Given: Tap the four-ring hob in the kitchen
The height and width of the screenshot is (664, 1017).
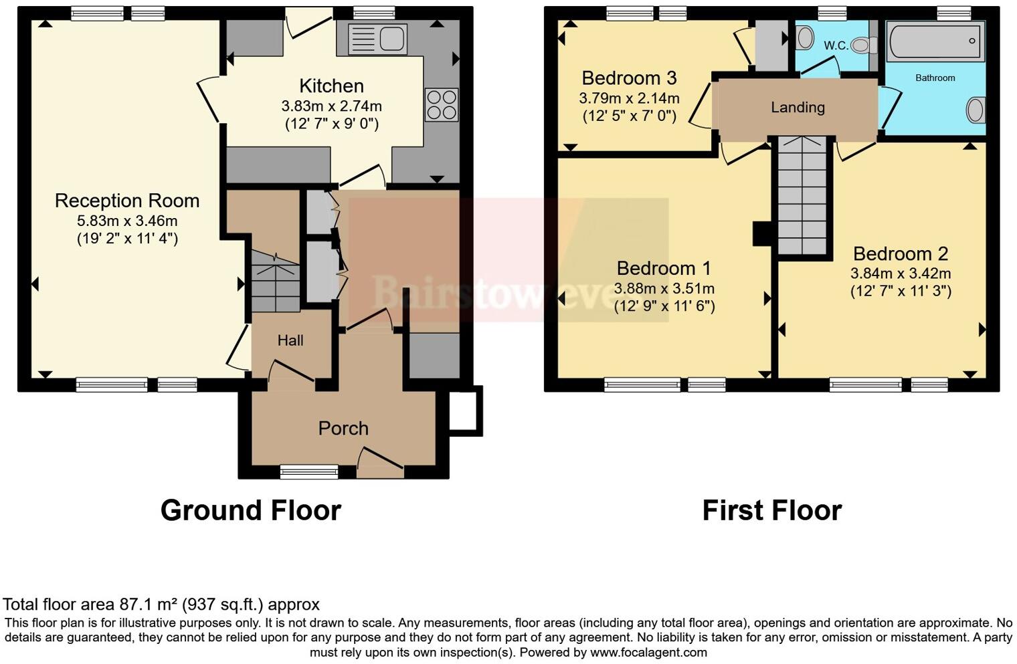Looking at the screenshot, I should click(x=442, y=105).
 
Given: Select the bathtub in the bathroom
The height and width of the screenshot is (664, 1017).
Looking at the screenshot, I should click(x=935, y=41).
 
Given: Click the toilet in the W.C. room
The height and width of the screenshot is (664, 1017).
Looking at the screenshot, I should click(x=864, y=45).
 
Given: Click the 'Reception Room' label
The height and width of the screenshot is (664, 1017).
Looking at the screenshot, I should click(x=127, y=201).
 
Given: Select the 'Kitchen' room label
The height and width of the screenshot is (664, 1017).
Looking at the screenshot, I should click(x=331, y=86).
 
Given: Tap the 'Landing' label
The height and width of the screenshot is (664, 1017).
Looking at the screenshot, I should click(x=798, y=108).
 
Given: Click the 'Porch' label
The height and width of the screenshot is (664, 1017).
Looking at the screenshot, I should click(x=343, y=429).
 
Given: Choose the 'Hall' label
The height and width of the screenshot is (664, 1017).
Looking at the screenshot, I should click(x=290, y=340).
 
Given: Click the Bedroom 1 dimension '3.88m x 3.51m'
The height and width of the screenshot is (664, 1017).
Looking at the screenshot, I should click(x=664, y=289).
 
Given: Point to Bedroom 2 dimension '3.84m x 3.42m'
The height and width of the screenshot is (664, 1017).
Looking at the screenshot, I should click(x=900, y=273).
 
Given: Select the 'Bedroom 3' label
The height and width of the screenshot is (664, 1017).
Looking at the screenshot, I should click(x=629, y=78).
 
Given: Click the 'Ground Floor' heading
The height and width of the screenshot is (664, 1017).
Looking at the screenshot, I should click(x=251, y=511).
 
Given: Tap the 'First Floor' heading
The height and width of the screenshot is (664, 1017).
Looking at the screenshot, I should click(x=771, y=511).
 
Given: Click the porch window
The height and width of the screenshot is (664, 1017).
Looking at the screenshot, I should click(x=309, y=472).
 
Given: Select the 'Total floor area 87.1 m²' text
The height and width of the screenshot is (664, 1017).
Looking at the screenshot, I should click(x=161, y=604).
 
